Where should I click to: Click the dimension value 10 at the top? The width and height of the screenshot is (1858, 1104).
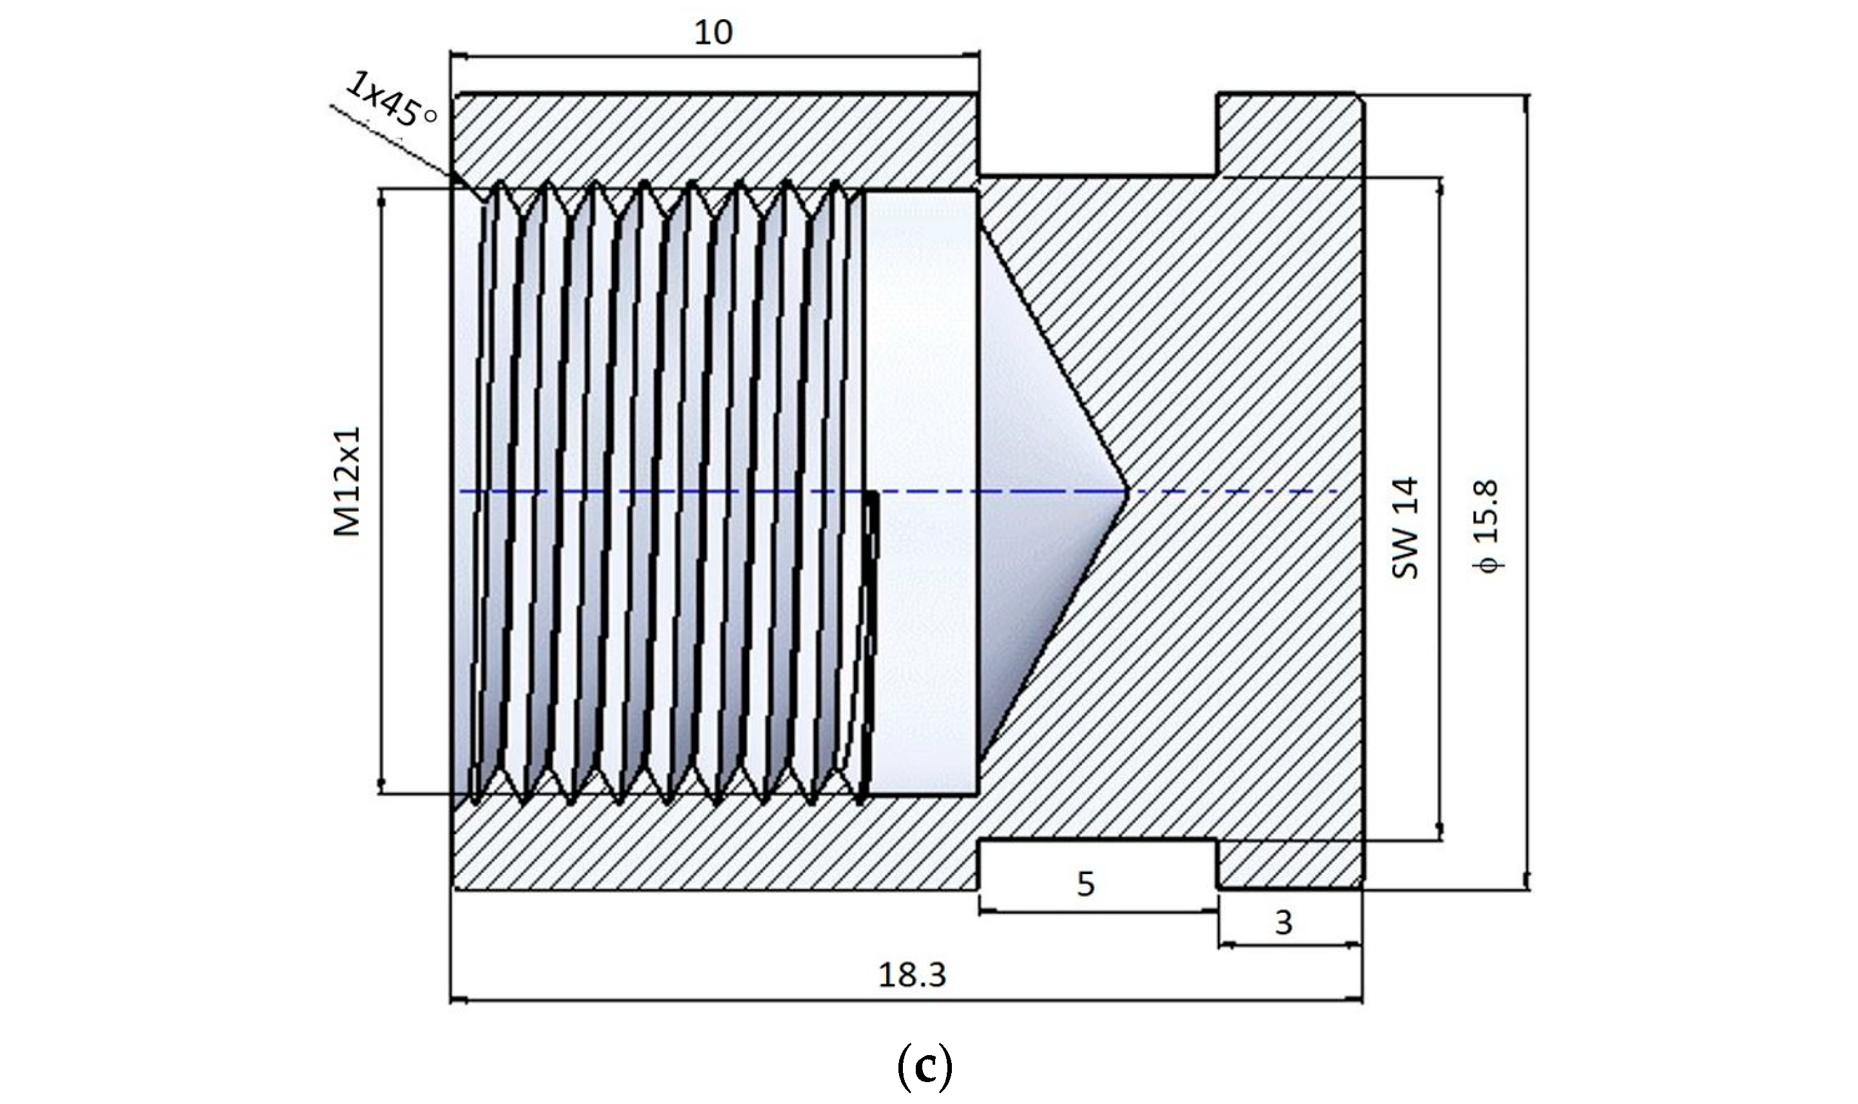(x=713, y=32)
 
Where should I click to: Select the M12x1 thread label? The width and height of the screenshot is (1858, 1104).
(x=346, y=481)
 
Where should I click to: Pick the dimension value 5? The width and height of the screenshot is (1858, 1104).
(x=1086, y=884)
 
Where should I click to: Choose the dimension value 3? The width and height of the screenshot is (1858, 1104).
(x=1284, y=922)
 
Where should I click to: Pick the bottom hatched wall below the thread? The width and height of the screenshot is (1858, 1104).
(x=714, y=845)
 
